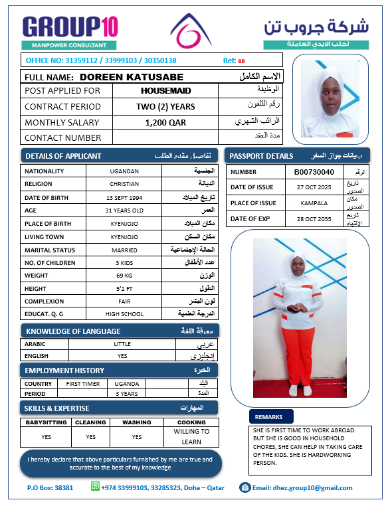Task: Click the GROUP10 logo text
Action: coord(70,27)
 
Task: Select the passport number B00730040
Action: coord(314,172)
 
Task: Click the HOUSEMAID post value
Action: coord(166,90)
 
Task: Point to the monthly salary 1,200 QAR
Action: coord(165,122)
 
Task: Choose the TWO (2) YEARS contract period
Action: coord(165,106)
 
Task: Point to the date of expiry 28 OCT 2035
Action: coord(314,218)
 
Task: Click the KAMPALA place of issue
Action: coord(314,203)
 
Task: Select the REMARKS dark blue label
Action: coord(268,417)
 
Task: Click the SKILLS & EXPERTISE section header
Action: coord(56,408)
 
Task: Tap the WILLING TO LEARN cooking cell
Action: coord(191,436)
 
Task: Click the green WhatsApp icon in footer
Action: coord(96,487)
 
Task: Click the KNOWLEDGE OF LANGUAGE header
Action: coord(73,331)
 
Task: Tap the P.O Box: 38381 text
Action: coord(50,488)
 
